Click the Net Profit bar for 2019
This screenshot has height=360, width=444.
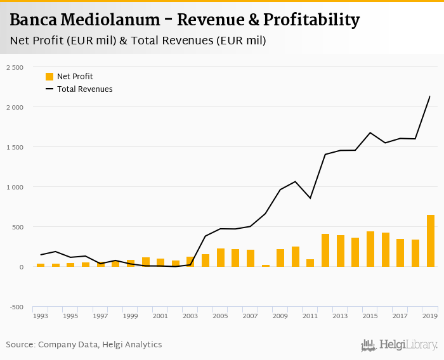pos(431,241)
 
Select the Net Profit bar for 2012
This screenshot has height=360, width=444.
pos(325,250)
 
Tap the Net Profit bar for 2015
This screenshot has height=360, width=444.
pos(370,249)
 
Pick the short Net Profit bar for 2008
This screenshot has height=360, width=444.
pos(266,266)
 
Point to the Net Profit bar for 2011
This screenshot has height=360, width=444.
pos(310,263)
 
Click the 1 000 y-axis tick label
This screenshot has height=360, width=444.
pos(14,187)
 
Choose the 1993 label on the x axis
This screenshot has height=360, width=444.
pos(41,316)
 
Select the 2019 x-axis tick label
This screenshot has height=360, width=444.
pos(429,316)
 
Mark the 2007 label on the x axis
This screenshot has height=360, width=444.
pos(250,316)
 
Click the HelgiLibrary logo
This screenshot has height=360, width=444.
pos(400,345)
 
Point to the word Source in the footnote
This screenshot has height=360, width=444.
pos(20,345)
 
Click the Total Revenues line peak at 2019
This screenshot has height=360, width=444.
pos(430,96)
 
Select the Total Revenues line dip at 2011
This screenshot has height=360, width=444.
pos(310,198)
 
